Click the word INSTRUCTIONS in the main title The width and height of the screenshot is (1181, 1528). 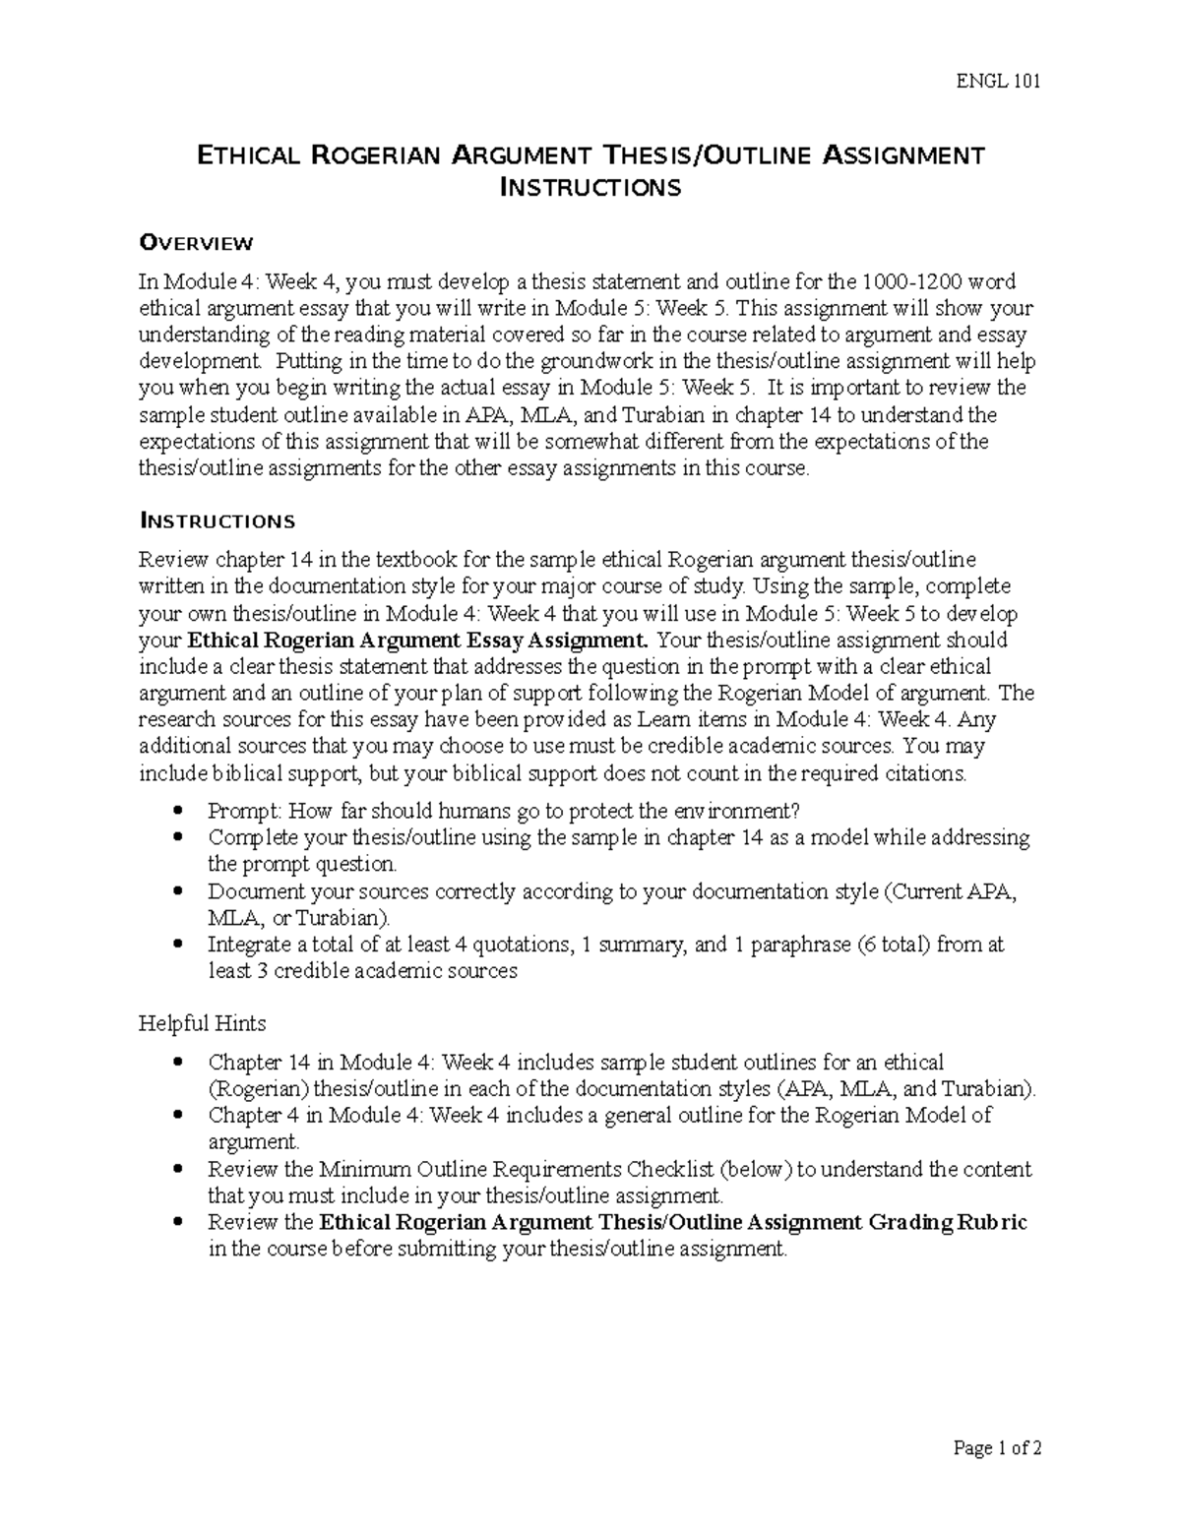coord(590,188)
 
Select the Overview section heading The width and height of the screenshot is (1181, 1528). coord(196,243)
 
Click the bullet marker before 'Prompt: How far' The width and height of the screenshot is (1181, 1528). coord(177,812)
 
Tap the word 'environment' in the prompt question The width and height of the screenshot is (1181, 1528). coord(723,812)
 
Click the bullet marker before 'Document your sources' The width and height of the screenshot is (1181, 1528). coord(177,892)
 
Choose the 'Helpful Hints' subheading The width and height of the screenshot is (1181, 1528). coord(202,1023)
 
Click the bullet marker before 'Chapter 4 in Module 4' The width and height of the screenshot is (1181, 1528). coord(177,1116)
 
